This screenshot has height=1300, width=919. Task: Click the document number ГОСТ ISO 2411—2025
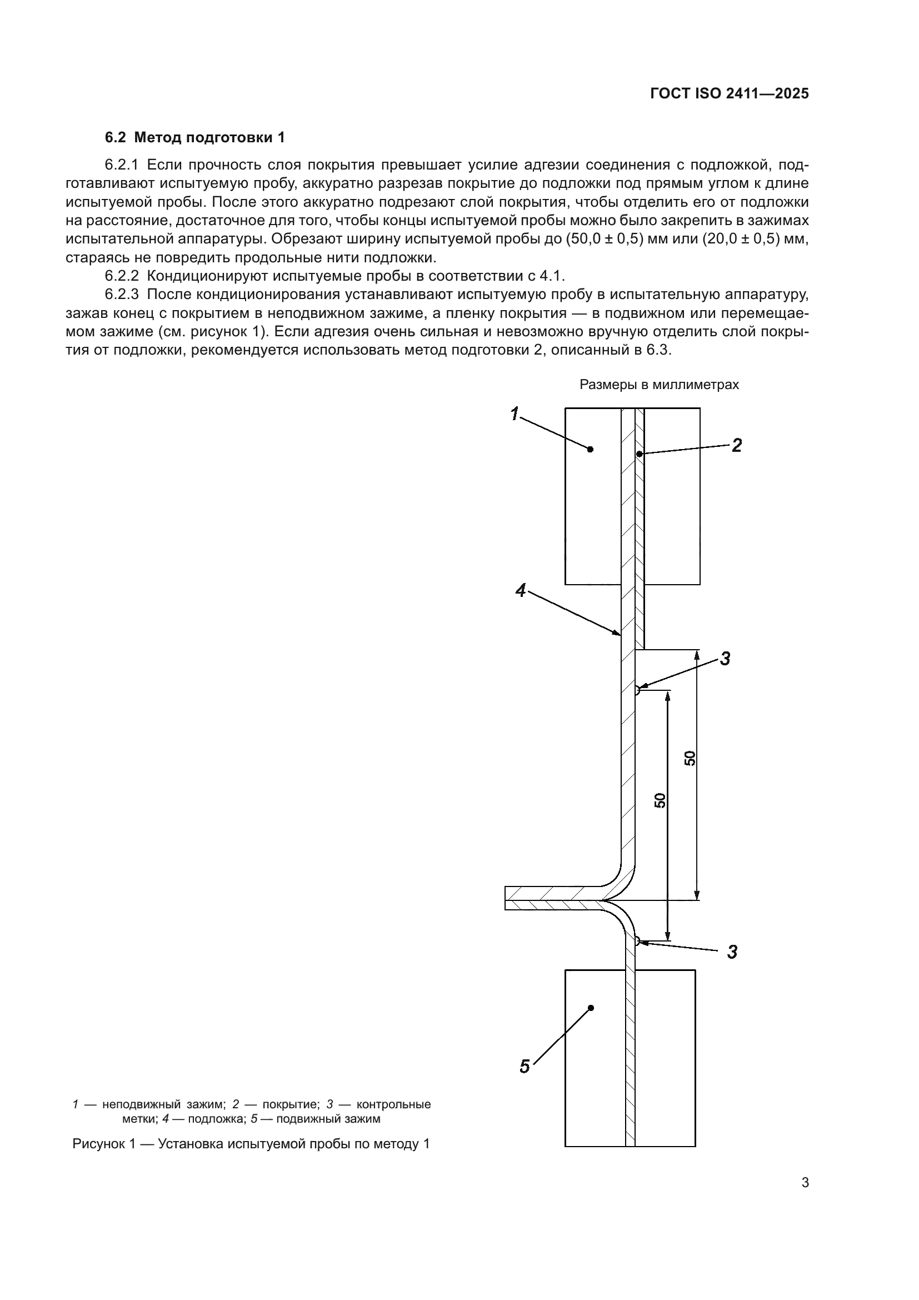point(730,94)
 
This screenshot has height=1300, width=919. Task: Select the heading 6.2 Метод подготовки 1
point(195,138)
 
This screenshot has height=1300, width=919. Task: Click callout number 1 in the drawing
point(515,414)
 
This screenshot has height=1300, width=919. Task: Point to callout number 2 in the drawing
point(736,446)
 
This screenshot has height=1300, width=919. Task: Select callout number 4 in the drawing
point(521,591)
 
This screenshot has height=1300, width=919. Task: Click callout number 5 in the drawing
point(525,1067)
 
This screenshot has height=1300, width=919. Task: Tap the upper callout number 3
point(725,659)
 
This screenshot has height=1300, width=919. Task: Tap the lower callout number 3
point(732,952)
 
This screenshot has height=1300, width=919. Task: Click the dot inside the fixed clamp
point(590,449)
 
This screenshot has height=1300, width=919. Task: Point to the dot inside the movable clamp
point(591,1008)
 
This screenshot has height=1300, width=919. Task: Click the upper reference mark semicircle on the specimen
point(638,690)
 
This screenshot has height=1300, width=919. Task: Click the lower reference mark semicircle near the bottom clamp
point(637,940)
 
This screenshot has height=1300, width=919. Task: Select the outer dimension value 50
point(690,758)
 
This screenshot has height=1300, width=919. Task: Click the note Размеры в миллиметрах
point(660,385)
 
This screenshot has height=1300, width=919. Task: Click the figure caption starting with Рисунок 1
point(251,1144)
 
